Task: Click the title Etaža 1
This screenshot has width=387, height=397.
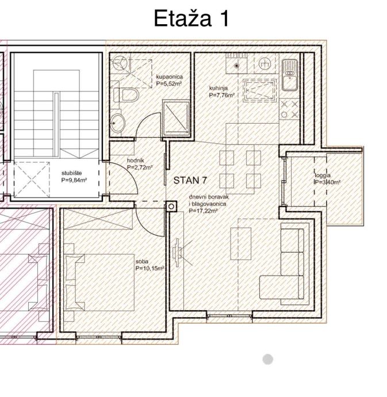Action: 191,18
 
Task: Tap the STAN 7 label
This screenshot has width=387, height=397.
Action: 190,180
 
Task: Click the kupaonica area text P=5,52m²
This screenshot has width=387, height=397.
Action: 169,84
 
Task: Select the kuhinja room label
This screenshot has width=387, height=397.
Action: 218,88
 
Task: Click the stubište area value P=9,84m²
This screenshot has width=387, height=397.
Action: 74,180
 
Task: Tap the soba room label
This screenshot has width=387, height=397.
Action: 141,262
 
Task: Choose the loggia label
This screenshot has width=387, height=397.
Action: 323,175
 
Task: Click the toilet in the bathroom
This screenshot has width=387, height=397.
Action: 126,95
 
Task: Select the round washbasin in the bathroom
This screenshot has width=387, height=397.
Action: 118,123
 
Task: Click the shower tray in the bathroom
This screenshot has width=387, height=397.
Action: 177,117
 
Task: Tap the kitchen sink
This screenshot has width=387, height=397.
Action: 290,75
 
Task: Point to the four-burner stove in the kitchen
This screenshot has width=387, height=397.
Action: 290,109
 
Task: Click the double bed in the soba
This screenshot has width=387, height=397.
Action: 99,283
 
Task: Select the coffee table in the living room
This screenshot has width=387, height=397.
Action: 241,243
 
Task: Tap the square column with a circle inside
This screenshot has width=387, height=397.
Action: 171,207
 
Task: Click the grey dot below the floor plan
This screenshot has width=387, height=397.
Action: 268,359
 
